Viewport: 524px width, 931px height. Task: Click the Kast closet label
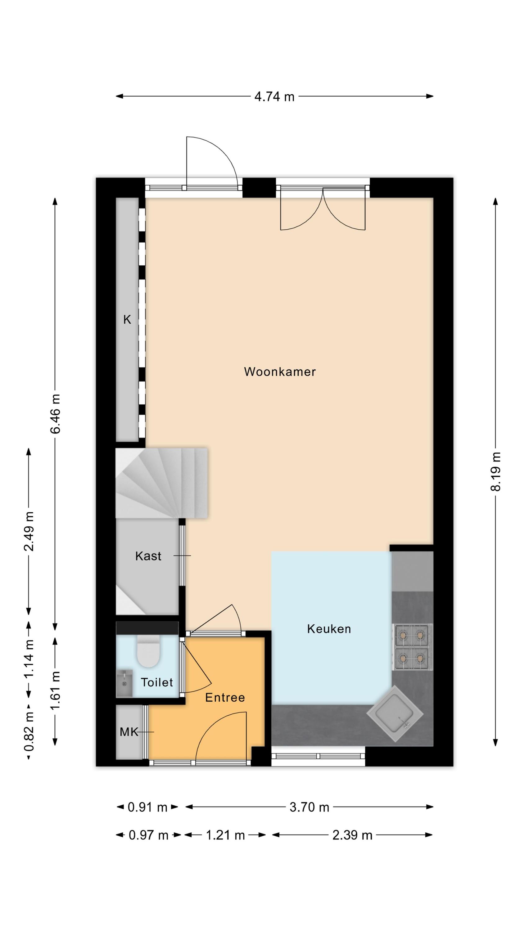(148, 556)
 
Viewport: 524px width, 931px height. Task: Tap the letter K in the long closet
(127, 320)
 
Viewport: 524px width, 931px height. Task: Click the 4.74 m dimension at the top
(274, 97)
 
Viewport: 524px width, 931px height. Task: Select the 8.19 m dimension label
(495, 471)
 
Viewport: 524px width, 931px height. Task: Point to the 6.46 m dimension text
(55, 413)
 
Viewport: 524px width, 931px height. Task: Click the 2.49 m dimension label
(29, 531)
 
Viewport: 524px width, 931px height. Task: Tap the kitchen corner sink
(395, 714)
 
